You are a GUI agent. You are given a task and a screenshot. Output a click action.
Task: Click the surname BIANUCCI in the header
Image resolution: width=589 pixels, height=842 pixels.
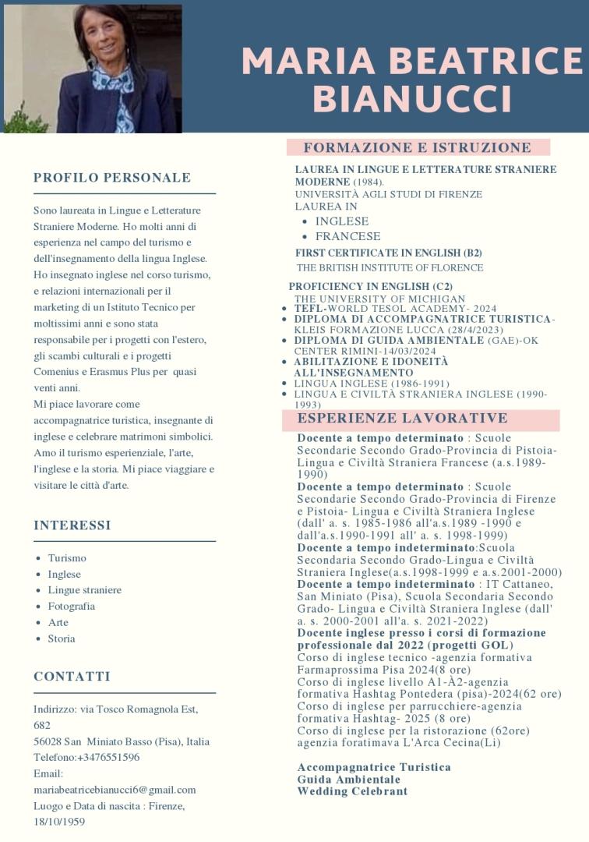411,98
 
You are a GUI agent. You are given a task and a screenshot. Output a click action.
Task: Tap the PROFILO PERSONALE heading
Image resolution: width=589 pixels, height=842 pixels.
112,178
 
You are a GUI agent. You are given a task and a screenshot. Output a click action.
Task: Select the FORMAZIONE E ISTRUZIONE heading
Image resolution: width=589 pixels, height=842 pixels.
417,147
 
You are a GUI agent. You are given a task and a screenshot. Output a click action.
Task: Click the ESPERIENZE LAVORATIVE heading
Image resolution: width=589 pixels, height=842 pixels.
402,419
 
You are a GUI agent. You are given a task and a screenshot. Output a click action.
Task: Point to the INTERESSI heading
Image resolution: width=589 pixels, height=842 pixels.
72,525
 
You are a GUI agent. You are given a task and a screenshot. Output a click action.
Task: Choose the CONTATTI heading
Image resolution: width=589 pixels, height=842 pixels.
72,676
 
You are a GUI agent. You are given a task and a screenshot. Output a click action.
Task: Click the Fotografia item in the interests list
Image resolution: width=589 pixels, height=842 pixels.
71,606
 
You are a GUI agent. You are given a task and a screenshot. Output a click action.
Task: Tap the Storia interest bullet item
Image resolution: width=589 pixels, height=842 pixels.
62,639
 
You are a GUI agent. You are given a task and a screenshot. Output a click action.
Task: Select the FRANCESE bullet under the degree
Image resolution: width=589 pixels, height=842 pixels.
347,236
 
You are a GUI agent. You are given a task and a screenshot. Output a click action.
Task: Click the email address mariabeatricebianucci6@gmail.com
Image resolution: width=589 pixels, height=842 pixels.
115,790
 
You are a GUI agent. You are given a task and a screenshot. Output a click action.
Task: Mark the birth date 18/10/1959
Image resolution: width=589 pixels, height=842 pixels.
59,822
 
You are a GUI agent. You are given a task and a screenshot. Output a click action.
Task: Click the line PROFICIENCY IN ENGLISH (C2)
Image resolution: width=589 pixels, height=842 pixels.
370,286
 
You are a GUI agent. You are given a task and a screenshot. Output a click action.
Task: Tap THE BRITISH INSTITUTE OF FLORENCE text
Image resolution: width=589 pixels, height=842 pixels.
390,267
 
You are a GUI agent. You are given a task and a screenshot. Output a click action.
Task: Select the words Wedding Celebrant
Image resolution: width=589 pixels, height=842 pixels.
352,791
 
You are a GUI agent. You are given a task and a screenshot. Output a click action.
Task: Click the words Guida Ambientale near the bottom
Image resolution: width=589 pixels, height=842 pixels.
348,780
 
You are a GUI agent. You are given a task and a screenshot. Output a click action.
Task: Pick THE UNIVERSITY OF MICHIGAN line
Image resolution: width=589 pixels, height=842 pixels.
379,299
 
